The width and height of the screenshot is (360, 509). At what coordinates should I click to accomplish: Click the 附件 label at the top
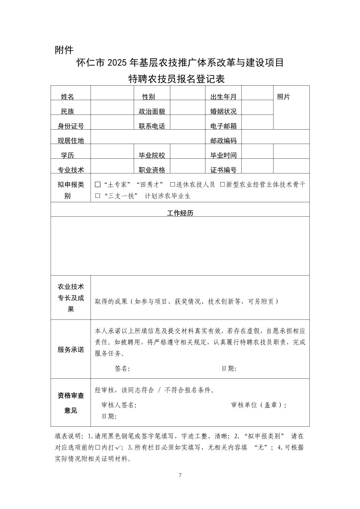[64, 50]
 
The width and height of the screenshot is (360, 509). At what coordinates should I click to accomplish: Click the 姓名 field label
[67, 97]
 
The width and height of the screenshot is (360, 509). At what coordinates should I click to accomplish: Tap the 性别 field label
[148, 97]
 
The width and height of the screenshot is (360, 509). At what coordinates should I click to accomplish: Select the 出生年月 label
[223, 97]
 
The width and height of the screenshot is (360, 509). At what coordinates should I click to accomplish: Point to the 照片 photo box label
[283, 97]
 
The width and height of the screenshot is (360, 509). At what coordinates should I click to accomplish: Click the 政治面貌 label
[152, 112]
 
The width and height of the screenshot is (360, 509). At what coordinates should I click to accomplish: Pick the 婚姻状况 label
[223, 112]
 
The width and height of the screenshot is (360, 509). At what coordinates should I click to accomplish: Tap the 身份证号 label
[71, 126]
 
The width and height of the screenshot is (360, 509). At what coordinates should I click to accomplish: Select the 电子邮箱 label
[223, 126]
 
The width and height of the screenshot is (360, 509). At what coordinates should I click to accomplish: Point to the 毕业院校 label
[152, 155]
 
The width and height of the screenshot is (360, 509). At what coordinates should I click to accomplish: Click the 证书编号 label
[223, 170]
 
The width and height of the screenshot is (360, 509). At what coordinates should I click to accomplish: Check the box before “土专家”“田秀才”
[98, 185]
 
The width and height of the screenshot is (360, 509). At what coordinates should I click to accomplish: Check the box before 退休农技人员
[173, 185]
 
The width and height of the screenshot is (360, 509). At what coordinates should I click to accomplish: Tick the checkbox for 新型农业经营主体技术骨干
[222, 185]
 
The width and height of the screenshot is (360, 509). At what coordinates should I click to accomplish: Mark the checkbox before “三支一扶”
[98, 196]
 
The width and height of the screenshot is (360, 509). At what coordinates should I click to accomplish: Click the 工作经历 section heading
[180, 213]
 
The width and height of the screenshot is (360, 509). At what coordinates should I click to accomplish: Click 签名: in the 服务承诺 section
[122, 369]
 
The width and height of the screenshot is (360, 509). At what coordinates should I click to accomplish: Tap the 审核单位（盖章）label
[259, 405]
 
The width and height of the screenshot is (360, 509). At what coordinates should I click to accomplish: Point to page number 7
[180, 475]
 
